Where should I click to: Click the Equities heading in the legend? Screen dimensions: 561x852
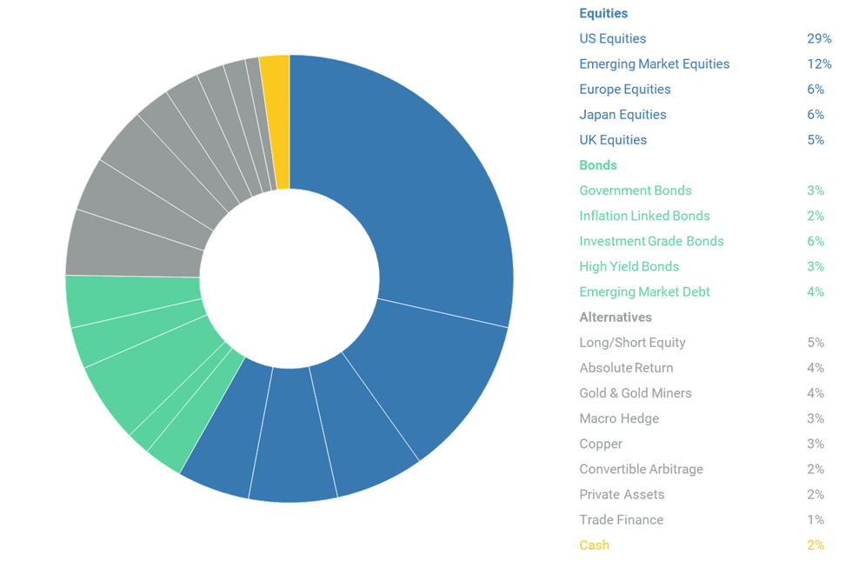coord(603,13)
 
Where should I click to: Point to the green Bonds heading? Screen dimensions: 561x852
coord(598,165)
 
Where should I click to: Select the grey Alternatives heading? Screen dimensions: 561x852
coord(616,317)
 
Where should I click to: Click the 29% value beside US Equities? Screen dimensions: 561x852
coord(818,39)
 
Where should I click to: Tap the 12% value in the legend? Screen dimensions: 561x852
coord(818,64)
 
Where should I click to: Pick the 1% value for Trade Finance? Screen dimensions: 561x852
coord(815,520)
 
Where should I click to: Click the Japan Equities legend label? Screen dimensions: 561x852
coord(622,115)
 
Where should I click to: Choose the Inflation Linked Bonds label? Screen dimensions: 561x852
coord(644,216)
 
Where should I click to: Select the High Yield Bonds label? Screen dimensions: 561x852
coord(629,266)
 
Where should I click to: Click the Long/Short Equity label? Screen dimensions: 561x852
coord(632,343)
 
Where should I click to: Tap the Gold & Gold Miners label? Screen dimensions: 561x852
coord(636,393)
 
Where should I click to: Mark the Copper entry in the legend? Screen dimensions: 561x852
coord(601,444)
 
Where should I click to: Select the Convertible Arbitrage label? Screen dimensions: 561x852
coord(641,469)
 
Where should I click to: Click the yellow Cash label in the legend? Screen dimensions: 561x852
coord(595,545)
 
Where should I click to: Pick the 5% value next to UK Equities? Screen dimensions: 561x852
coord(815,140)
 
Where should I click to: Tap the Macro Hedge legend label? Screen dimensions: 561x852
coord(619,418)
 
